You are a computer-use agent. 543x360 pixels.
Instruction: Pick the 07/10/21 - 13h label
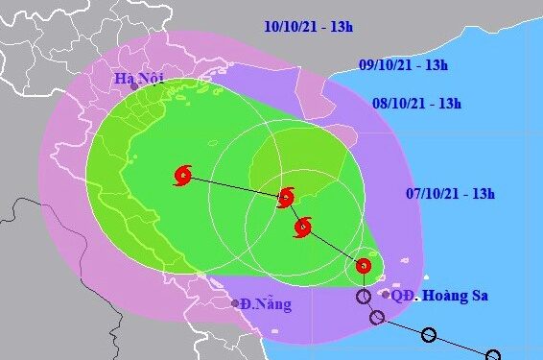[449, 194]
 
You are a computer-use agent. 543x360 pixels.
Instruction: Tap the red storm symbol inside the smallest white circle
[364, 266]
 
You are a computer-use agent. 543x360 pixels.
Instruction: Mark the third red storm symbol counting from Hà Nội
[303, 228]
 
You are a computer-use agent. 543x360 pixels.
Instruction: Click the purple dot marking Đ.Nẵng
[234, 303]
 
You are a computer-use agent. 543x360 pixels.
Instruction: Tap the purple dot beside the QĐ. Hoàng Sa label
[386, 295]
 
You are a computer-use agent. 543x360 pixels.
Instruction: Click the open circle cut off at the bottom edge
[492, 355]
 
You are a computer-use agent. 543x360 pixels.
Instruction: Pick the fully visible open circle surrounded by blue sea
[428, 335]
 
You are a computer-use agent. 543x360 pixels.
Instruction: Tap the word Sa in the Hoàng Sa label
[477, 296]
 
